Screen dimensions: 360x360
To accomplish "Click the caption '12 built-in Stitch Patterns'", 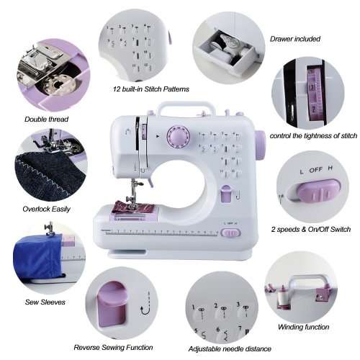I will pos(150,89).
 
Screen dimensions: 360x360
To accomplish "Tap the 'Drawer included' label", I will pos(295,39).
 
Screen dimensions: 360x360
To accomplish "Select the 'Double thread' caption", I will pos(46,119).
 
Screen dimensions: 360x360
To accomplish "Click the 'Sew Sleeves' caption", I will pos(45,302).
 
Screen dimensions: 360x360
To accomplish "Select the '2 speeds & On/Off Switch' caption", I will pos(311,229).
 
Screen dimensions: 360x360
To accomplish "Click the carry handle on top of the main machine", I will pos(183,109).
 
